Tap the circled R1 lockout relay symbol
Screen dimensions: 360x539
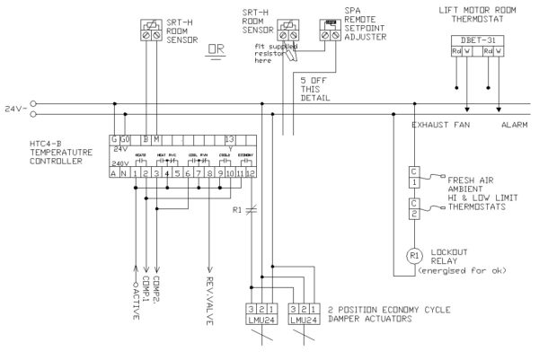click(x=415, y=255)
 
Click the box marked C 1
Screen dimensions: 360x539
click(x=414, y=176)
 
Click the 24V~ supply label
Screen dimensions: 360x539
click(x=13, y=109)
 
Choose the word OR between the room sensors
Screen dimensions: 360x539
click(x=216, y=49)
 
